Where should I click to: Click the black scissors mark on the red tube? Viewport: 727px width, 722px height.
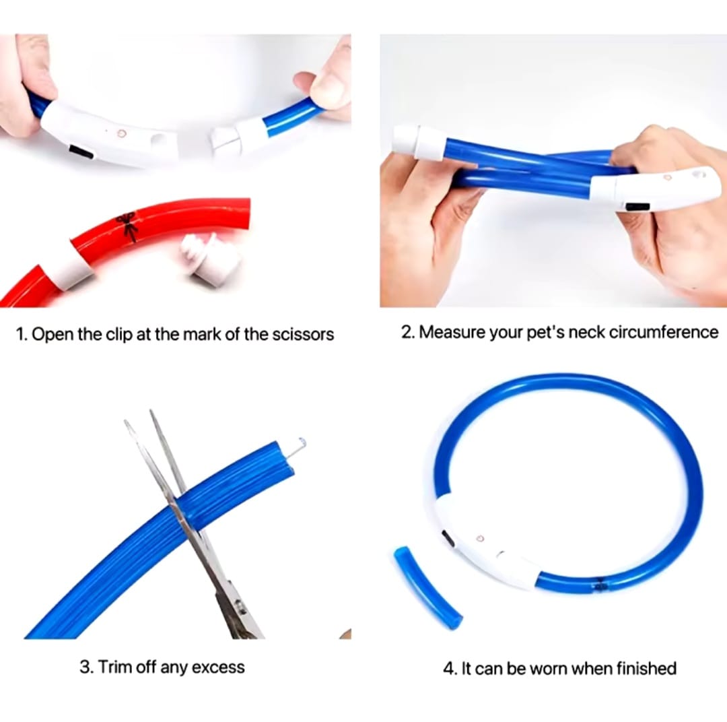[x=127, y=226]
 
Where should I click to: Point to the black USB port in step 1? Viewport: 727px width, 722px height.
[x=81, y=152]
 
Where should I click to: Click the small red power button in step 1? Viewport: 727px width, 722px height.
[x=122, y=133]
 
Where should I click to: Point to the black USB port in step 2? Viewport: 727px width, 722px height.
[x=636, y=207]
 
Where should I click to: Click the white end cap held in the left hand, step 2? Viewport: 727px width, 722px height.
[x=419, y=142]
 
